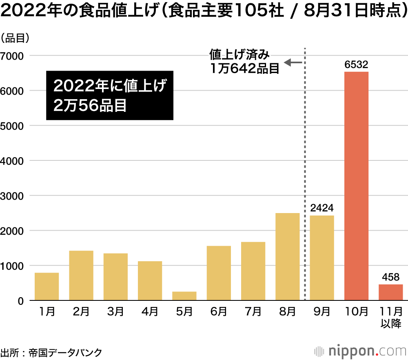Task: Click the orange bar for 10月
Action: (356, 186)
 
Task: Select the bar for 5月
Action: (184, 296)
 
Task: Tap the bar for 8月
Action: (287, 257)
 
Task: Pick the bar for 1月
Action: (47, 287)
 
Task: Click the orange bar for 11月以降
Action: (390, 292)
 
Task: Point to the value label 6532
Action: (356, 64)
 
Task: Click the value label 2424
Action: (322, 208)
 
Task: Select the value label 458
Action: (390, 277)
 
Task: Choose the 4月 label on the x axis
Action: (150, 312)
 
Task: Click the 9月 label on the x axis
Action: (322, 312)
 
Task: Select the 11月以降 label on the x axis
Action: (390, 318)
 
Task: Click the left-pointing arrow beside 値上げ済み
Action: (293, 62)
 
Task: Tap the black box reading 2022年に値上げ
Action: (110, 96)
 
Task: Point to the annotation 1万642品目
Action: (244, 68)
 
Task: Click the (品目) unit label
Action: (15, 39)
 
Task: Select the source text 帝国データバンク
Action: (65, 352)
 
